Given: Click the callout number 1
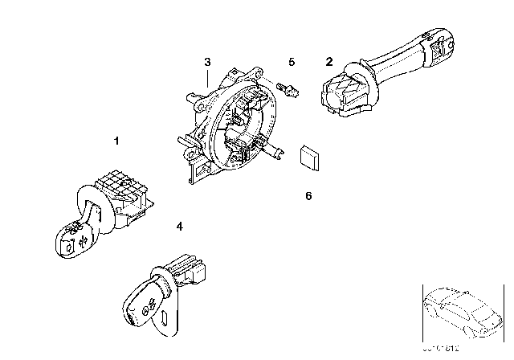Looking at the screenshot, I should (x=117, y=141).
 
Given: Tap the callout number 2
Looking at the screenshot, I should (x=328, y=61).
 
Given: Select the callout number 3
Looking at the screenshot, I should (x=207, y=62).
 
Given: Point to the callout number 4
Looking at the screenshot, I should (x=179, y=227).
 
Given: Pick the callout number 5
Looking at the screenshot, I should (x=292, y=61).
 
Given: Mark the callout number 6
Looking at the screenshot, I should (x=308, y=194).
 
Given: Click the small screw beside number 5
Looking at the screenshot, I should (x=288, y=88).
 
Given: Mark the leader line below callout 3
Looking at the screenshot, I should (x=207, y=78).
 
